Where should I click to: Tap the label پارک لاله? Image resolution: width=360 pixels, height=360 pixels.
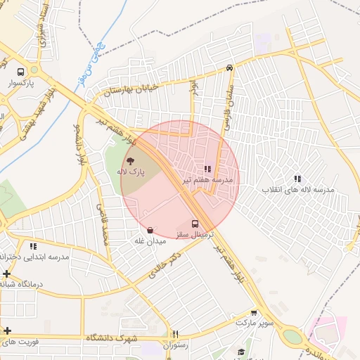(x=130, y=172)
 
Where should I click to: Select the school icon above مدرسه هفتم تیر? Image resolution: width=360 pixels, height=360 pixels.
(x=207, y=169)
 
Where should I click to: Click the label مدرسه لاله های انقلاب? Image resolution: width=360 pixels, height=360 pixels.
(x=298, y=190)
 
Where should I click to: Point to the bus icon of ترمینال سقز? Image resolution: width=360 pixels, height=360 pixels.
(x=195, y=224)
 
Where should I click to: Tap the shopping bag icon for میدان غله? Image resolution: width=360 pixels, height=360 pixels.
(x=149, y=230)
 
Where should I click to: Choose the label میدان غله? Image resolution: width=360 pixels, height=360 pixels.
(x=150, y=241)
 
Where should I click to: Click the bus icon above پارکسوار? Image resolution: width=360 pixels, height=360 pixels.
(x=20, y=72)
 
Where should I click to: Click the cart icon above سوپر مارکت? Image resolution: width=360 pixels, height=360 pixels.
(x=254, y=313)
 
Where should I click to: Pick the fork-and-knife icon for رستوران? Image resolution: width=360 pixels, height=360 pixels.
(x=176, y=335)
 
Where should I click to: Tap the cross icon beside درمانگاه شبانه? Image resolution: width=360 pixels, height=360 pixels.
(x=6, y=274)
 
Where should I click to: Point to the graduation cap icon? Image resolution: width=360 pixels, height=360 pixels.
(x=241, y=352)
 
